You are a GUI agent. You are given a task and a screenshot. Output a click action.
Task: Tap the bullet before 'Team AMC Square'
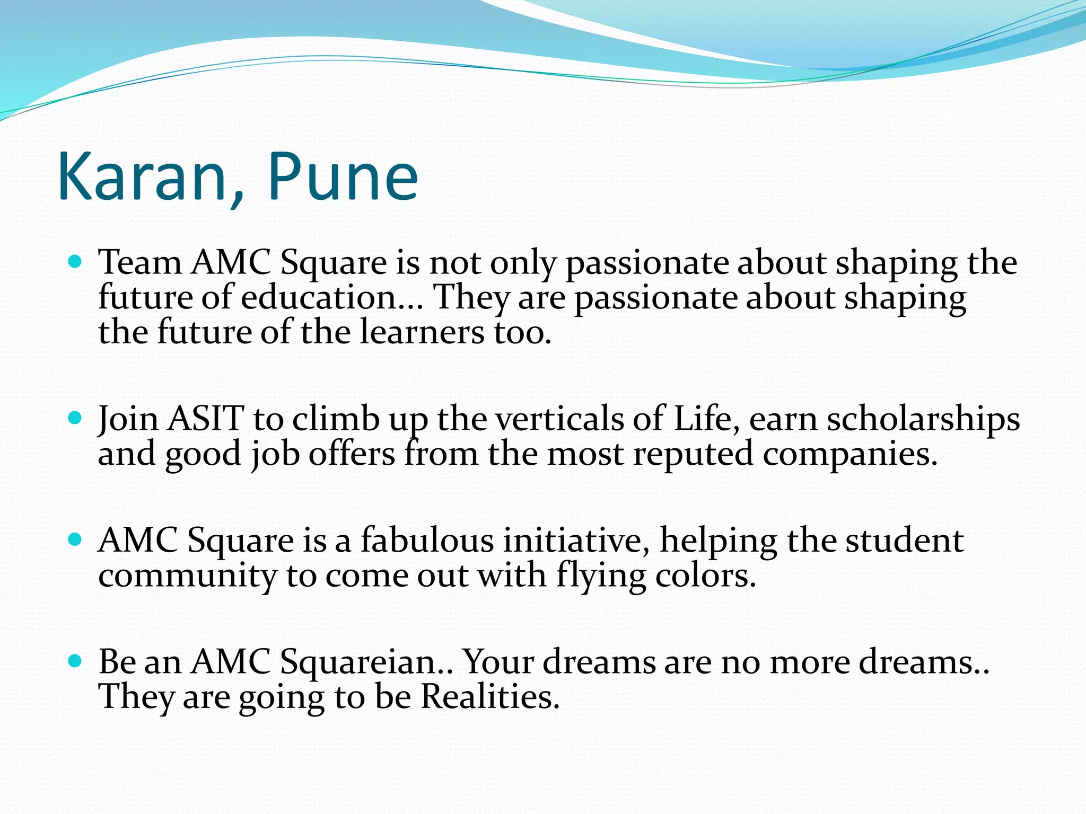coord(76,261)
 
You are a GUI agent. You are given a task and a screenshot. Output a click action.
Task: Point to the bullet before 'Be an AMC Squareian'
coord(76,661)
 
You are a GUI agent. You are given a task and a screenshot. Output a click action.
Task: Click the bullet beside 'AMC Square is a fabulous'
coord(76,539)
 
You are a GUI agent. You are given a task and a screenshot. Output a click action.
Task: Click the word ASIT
coord(206,419)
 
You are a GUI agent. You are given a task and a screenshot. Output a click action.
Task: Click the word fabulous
coord(427,541)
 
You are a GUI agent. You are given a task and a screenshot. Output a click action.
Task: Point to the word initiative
coord(576,541)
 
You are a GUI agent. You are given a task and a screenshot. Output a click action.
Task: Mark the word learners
coord(422,333)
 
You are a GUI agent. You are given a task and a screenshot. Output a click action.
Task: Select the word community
coord(187,577)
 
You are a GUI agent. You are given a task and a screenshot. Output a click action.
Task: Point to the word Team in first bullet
coord(140,262)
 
